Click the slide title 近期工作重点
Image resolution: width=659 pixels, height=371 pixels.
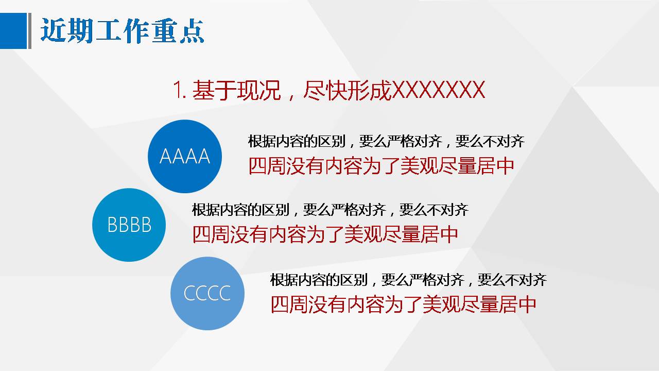(x=123, y=31)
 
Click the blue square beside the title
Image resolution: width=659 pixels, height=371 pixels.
(x=13, y=31)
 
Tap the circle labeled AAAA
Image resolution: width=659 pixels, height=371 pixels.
(x=184, y=156)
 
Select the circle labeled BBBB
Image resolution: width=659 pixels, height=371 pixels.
(x=129, y=225)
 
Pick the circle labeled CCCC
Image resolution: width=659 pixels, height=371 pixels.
(x=207, y=293)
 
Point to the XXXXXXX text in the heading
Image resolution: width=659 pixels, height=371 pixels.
(x=438, y=91)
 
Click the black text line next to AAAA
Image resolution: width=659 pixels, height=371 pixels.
(x=386, y=141)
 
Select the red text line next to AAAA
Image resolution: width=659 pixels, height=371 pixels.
(x=381, y=166)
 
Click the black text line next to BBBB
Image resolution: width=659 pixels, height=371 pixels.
(x=330, y=210)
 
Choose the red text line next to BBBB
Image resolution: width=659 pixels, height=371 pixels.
(x=325, y=235)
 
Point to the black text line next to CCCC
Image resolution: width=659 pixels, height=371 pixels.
(x=408, y=280)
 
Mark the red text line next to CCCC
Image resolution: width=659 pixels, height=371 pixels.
(x=404, y=305)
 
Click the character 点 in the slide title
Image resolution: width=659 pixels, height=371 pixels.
(x=194, y=31)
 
